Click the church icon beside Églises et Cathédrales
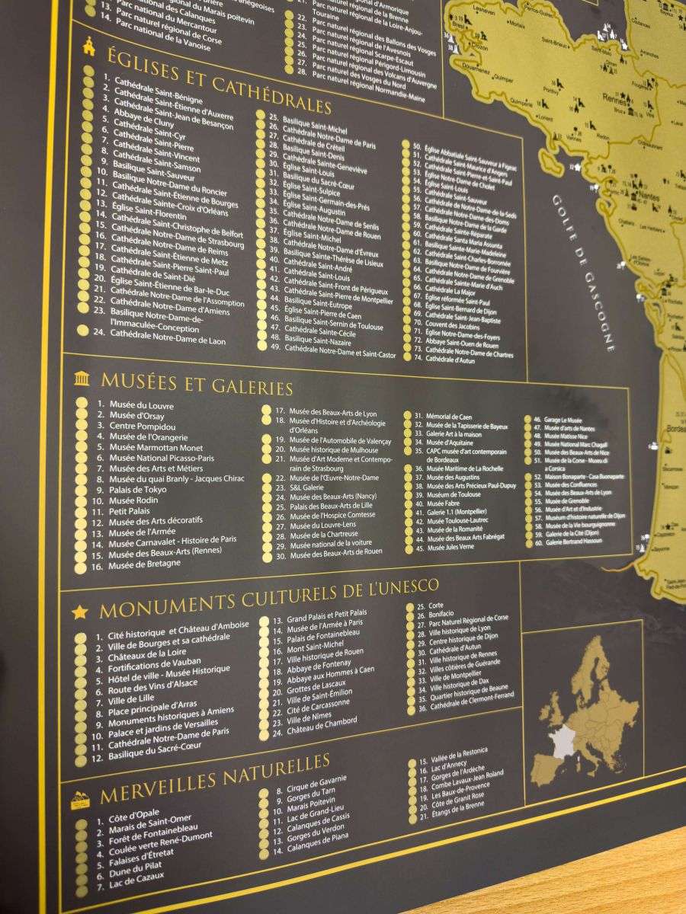point(89,47)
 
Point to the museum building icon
point(82,379)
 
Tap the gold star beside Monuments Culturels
point(79,612)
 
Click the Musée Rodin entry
point(133,500)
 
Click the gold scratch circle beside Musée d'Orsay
point(81,415)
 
